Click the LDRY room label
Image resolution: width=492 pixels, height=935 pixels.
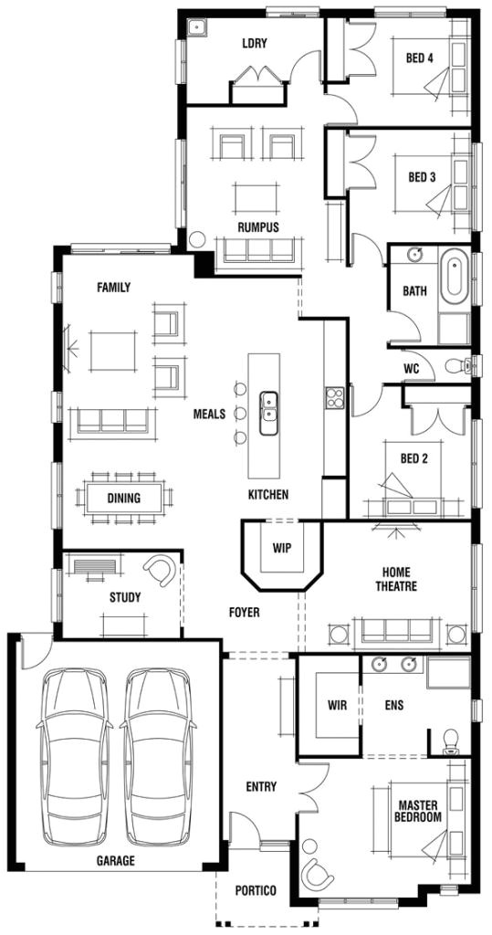tap(253, 43)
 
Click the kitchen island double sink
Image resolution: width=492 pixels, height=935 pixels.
tap(269, 413)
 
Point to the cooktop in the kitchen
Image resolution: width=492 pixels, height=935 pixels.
tap(332, 399)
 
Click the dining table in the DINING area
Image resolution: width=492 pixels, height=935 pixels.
tap(124, 499)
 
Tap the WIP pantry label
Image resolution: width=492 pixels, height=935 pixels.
tap(280, 549)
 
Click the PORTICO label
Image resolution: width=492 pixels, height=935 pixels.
tap(255, 890)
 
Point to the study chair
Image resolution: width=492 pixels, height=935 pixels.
tap(165, 571)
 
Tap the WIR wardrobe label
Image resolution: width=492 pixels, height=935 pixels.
tap(337, 705)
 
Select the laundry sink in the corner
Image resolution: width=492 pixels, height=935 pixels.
tap(195, 28)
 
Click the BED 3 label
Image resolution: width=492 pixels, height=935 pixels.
tap(421, 177)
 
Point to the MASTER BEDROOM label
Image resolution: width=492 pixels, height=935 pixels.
tap(419, 811)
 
